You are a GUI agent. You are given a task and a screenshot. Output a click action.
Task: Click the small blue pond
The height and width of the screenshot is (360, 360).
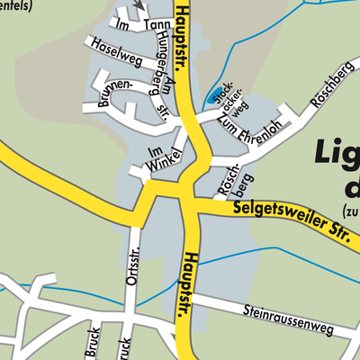(213, 96)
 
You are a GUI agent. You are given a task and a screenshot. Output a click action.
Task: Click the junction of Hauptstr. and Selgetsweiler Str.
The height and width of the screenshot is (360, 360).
(191, 202)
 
